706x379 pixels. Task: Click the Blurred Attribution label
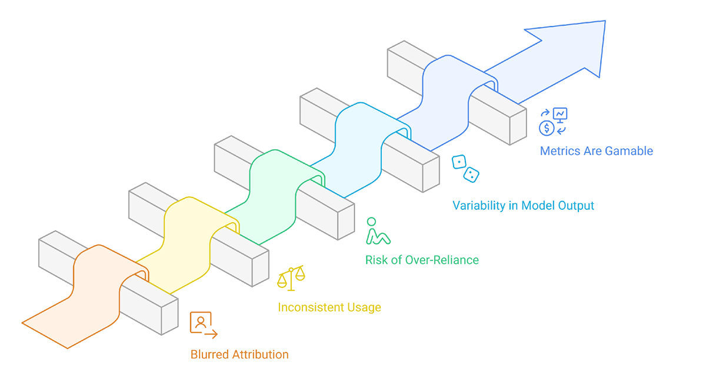tap(239, 354)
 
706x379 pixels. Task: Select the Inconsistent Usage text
tap(329, 307)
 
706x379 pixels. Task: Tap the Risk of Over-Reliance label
tap(422, 260)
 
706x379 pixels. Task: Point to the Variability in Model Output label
tap(523, 206)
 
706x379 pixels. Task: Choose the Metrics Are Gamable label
tap(596, 151)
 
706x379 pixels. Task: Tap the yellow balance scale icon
tap(291, 277)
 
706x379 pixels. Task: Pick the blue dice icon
tap(465, 168)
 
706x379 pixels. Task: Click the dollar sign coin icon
tap(547, 128)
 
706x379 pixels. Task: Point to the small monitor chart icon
tap(560, 114)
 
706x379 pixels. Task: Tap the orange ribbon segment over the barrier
tap(97, 264)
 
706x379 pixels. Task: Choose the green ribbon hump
tap(273, 172)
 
